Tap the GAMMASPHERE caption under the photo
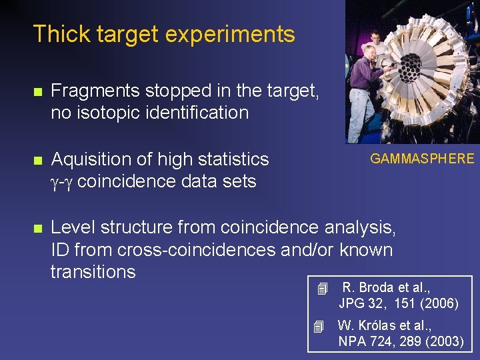422,159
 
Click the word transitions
93,272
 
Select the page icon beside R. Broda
323,289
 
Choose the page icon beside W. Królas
319,327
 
